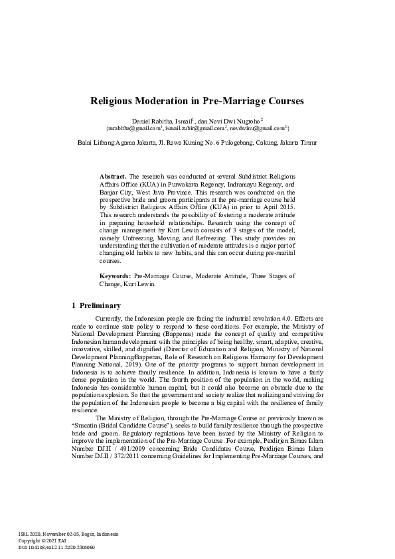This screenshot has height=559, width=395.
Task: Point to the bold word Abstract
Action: pos(112,176)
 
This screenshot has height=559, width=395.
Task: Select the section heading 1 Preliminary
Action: pos(96,306)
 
